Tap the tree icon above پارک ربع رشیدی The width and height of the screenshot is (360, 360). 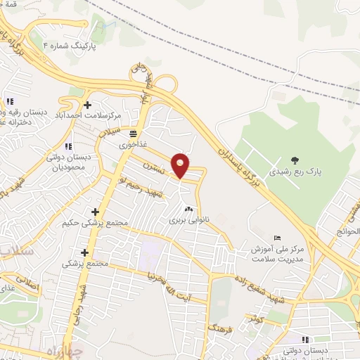pos(295,160)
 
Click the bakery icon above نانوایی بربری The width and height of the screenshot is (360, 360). pos(188,209)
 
